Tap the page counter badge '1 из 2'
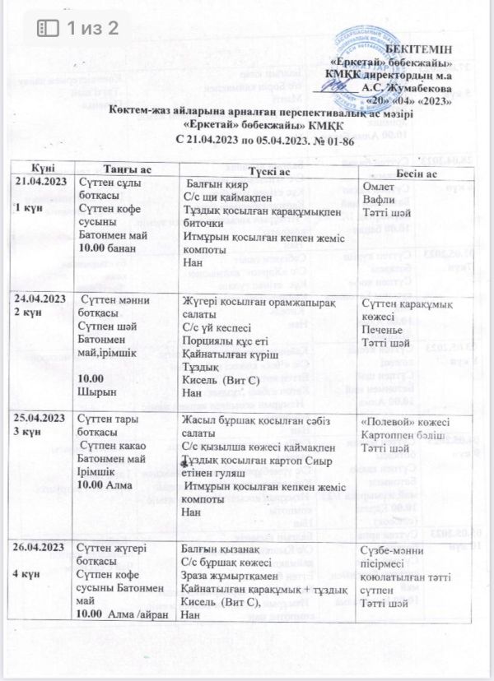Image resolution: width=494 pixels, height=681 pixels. point(78,27)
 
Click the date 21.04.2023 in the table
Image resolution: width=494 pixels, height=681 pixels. point(40,181)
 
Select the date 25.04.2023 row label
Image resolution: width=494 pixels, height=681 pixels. point(41,419)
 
